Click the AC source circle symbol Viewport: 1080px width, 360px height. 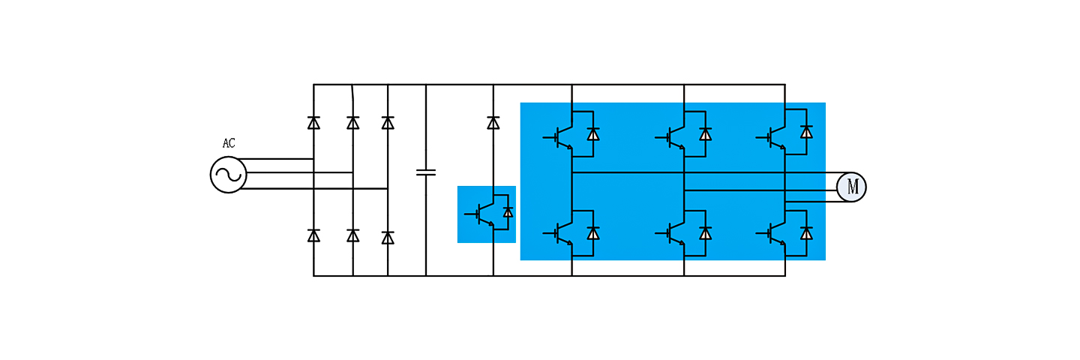(x=228, y=175)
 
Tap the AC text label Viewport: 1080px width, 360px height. (x=229, y=143)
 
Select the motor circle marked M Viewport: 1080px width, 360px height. (x=851, y=187)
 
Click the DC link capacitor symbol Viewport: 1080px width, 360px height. (x=425, y=172)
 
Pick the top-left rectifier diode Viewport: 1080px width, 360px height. (x=313, y=122)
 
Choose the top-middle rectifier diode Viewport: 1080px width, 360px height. (x=352, y=122)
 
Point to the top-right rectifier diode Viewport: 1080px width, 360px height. (x=388, y=122)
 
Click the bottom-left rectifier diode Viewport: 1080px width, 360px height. (x=313, y=235)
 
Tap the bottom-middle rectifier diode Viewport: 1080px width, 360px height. (x=352, y=235)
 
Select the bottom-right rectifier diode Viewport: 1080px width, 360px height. (x=388, y=237)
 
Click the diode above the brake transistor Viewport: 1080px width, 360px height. (x=493, y=122)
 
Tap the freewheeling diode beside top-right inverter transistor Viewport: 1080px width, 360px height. (x=806, y=133)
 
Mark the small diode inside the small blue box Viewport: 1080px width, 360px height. (x=508, y=212)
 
